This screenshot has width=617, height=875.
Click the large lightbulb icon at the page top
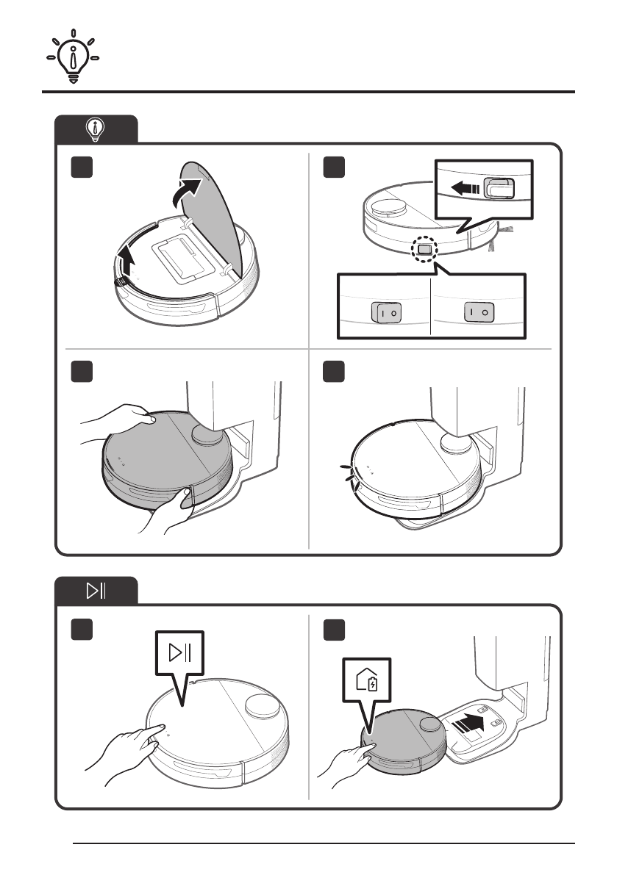pyautogui.click(x=73, y=57)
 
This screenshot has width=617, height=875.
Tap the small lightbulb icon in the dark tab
pyautogui.click(x=96, y=129)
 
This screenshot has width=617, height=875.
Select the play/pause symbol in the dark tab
pyautogui.click(x=96, y=591)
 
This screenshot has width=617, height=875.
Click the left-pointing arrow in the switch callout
pyautogui.click(x=465, y=188)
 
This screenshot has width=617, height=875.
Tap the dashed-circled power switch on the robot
pyautogui.click(x=424, y=249)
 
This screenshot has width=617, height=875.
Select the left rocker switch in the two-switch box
pyautogui.click(x=386, y=312)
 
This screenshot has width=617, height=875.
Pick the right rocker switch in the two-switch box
pyautogui.click(x=479, y=312)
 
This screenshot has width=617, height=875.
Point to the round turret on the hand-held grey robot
pyautogui.click(x=207, y=434)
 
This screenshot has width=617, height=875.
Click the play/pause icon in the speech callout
pyautogui.click(x=179, y=652)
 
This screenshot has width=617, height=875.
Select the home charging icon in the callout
pyautogui.click(x=367, y=680)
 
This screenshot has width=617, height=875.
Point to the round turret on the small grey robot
pyautogui.click(x=430, y=725)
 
